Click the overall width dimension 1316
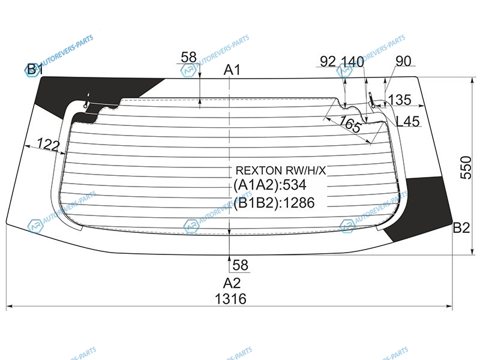(230, 299)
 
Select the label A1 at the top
(232, 70)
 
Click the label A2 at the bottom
(232, 283)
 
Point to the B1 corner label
(34, 70)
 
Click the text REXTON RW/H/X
(281, 170)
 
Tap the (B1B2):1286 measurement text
(274, 203)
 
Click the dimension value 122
(48, 145)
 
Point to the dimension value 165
(350, 125)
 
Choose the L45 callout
(408, 121)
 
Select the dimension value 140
(353, 61)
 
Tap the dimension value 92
(328, 61)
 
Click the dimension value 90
(403, 61)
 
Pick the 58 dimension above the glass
(188, 57)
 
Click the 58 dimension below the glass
(240, 264)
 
